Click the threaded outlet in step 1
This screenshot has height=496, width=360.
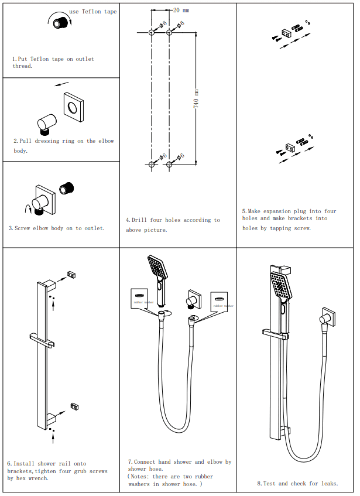[x=60, y=23]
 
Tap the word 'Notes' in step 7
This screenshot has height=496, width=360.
[x=145, y=477]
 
